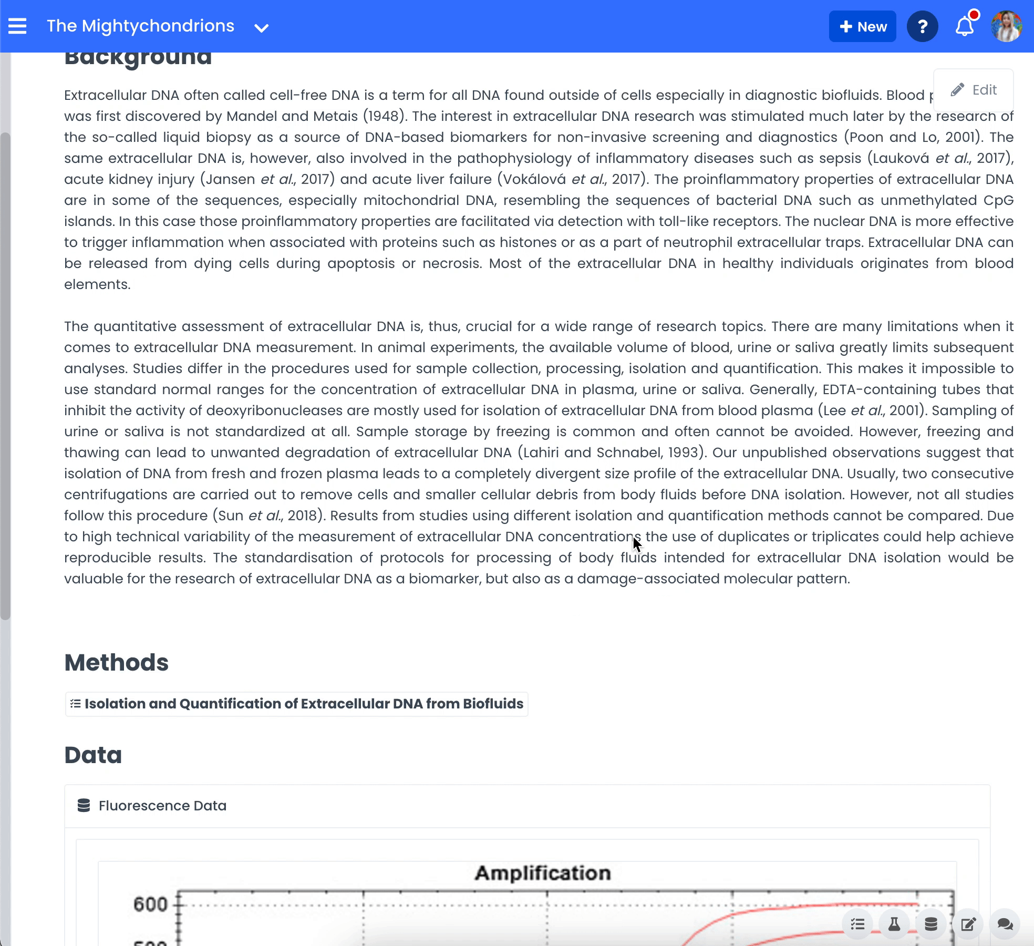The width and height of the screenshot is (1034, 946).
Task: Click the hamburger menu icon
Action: pos(17,26)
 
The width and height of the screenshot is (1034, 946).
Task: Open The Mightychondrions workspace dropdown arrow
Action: pos(261,28)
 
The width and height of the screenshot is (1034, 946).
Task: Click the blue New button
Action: pos(862,27)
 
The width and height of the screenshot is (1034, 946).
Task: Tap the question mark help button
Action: pos(922,27)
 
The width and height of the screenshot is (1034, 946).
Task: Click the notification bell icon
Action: pos(965,26)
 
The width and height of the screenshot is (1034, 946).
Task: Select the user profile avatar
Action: pos(1006,26)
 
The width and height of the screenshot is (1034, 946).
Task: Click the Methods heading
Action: pos(116,663)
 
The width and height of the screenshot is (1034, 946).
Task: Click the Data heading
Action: pos(93,755)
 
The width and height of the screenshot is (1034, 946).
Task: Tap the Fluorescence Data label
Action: pos(162,806)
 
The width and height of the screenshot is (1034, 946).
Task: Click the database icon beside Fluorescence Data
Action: pos(84,806)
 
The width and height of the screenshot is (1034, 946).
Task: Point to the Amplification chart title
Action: pos(543,873)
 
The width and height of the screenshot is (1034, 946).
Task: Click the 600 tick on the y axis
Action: pos(150,904)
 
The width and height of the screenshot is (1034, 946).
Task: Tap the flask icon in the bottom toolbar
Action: pos(894,924)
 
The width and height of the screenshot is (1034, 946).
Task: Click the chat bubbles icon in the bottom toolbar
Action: pos(1005,924)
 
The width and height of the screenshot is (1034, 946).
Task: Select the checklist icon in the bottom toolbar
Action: pos(857,924)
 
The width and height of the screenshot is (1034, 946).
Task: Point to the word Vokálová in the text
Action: pos(534,179)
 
